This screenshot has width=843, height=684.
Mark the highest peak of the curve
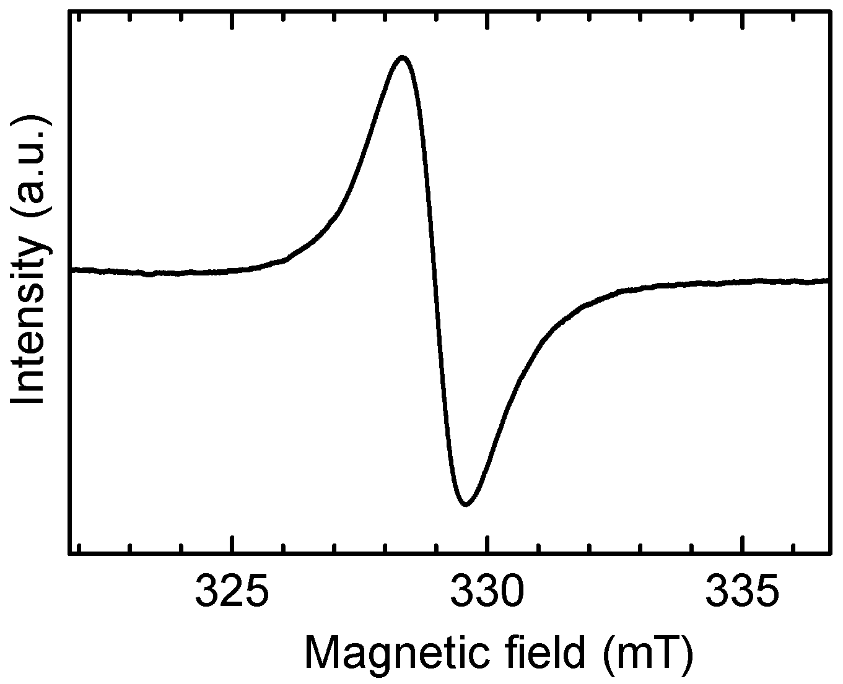403,58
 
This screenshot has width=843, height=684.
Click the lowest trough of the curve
466,504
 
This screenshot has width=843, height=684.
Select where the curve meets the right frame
828,280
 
